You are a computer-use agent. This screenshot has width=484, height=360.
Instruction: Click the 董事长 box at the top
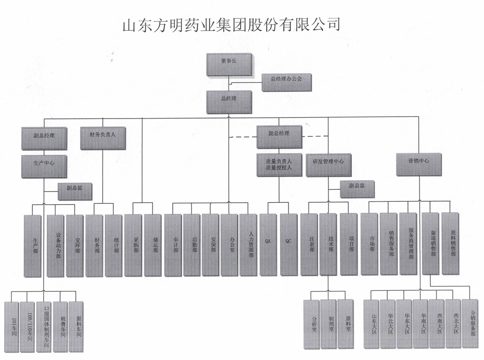point(229,64)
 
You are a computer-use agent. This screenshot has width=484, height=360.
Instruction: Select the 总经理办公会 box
point(287,82)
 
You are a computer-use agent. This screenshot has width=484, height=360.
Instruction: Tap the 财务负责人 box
point(103,138)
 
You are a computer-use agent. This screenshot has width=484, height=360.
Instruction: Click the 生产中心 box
point(44,166)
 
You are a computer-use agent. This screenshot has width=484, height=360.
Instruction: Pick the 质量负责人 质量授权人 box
point(279,165)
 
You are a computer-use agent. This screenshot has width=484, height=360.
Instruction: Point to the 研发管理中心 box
point(329,165)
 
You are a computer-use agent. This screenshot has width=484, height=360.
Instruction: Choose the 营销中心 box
point(419,165)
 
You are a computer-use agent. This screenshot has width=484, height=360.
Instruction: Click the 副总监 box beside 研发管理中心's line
point(357,189)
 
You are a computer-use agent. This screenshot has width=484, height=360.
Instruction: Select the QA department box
point(268,245)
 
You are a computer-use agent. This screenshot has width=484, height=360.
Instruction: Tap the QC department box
point(288,245)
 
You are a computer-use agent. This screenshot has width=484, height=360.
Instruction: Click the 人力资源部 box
point(248,245)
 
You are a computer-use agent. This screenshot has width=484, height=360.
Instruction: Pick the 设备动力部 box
point(56,245)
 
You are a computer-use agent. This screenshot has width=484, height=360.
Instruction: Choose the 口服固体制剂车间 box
point(44,327)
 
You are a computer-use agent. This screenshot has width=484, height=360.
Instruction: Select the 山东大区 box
point(372,324)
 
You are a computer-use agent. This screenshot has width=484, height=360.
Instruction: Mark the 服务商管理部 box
point(408,244)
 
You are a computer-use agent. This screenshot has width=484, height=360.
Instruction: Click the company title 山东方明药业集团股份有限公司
point(231,24)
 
